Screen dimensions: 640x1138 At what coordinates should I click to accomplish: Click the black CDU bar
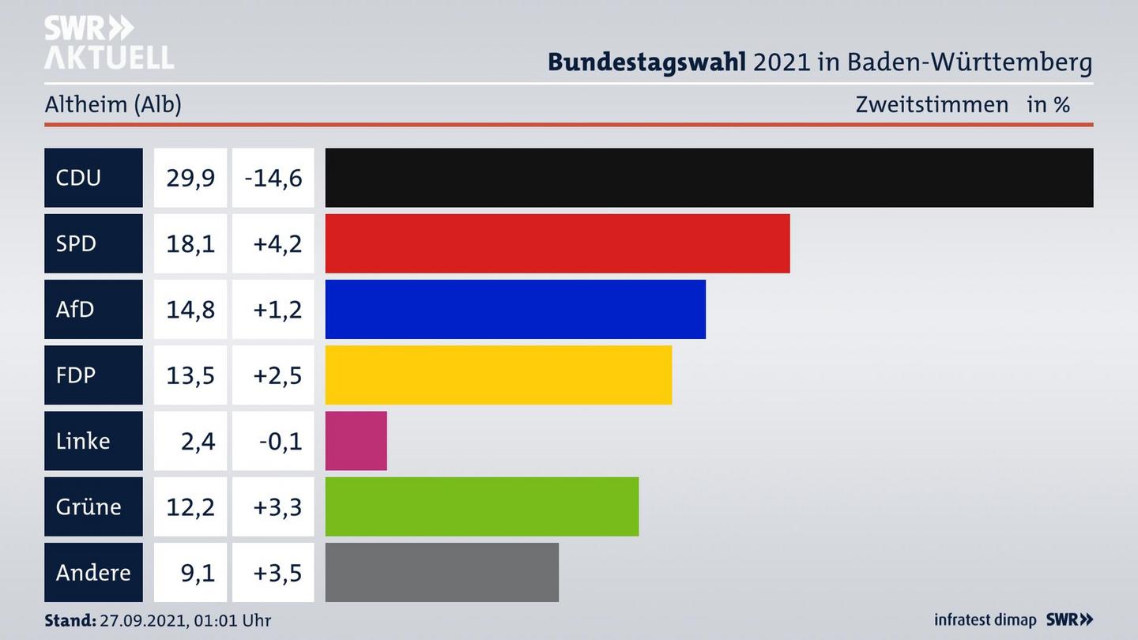point(709,178)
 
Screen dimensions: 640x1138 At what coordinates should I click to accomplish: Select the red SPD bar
point(557,243)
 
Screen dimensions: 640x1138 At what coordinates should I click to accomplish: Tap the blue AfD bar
point(515,309)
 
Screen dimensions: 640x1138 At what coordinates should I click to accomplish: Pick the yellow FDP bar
point(499,375)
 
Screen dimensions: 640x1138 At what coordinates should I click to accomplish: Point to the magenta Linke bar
point(356,441)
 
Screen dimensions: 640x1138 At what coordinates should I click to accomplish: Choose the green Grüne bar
point(482,506)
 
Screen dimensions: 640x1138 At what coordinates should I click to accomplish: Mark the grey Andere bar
point(442,572)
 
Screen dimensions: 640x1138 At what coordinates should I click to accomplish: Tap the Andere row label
point(93,572)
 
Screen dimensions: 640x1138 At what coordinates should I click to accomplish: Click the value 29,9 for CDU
point(190,178)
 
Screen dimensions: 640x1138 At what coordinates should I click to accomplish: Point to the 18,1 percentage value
point(190,243)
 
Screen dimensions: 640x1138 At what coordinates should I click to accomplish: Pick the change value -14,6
point(273,178)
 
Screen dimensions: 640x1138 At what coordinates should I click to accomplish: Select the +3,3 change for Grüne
point(277,506)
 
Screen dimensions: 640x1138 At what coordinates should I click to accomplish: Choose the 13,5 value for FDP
point(190,375)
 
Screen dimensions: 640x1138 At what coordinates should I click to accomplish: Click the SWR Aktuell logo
point(109,43)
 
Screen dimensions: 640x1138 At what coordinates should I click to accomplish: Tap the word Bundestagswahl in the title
point(646,62)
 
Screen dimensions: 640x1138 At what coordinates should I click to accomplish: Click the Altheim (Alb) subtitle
point(113,104)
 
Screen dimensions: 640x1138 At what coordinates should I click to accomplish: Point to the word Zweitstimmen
point(932,104)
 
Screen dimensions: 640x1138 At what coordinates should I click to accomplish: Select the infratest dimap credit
point(985,620)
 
